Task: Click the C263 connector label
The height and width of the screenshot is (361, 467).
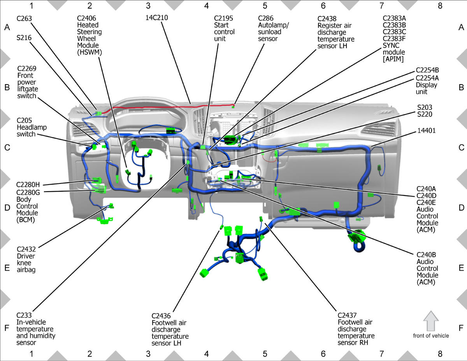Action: pyautogui.click(x=24, y=18)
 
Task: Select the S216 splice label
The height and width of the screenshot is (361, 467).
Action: pyautogui.click(x=24, y=38)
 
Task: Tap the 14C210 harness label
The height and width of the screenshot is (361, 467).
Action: pyautogui.click(x=157, y=18)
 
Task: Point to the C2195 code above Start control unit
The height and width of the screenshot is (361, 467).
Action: pyautogui.click(x=223, y=18)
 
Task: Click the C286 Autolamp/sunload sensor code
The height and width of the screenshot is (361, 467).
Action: pyautogui.click(x=266, y=18)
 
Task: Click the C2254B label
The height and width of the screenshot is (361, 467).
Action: pyautogui.click(x=427, y=70)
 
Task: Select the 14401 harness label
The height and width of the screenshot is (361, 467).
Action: pyautogui.click(x=427, y=131)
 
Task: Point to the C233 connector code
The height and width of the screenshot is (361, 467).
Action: pyautogui.click(x=24, y=315)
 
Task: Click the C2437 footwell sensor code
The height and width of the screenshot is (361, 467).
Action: pyautogui.click(x=348, y=315)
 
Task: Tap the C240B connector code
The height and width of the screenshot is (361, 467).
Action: pyautogui.click(x=426, y=255)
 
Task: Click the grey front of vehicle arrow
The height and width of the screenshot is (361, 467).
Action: pyautogui.click(x=431, y=321)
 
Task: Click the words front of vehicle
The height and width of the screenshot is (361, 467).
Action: pyautogui.click(x=431, y=336)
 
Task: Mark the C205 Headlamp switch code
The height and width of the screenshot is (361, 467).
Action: pyautogui.click(x=24, y=120)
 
